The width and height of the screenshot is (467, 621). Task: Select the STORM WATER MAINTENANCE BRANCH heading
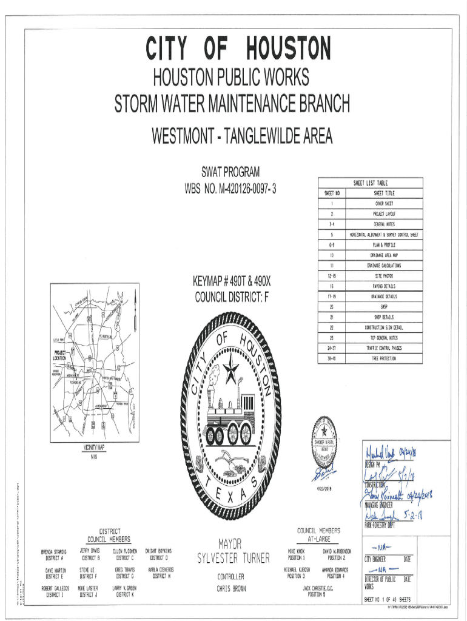click(232, 104)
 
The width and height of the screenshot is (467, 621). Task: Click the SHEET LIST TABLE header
click(370, 183)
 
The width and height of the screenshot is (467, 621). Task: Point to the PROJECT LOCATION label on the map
click(59, 356)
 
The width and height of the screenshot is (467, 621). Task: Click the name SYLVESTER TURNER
click(233, 558)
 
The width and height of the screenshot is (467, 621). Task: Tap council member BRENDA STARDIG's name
click(54, 552)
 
